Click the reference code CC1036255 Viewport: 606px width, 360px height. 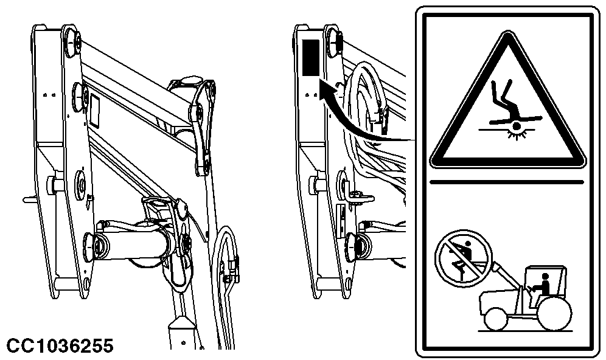(x=60, y=345)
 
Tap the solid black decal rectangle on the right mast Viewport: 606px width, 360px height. (x=310, y=58)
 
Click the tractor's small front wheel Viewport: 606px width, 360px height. (x=496, y=318)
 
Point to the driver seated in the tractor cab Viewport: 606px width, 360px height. (x=543, y=285)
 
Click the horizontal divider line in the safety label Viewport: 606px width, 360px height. (x=507, y=181)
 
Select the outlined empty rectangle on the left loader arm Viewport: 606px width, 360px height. (x=95, y=111)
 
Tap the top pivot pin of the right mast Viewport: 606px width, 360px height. (x=334, y=40)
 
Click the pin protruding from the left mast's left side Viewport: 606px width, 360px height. (x=30, y=199)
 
